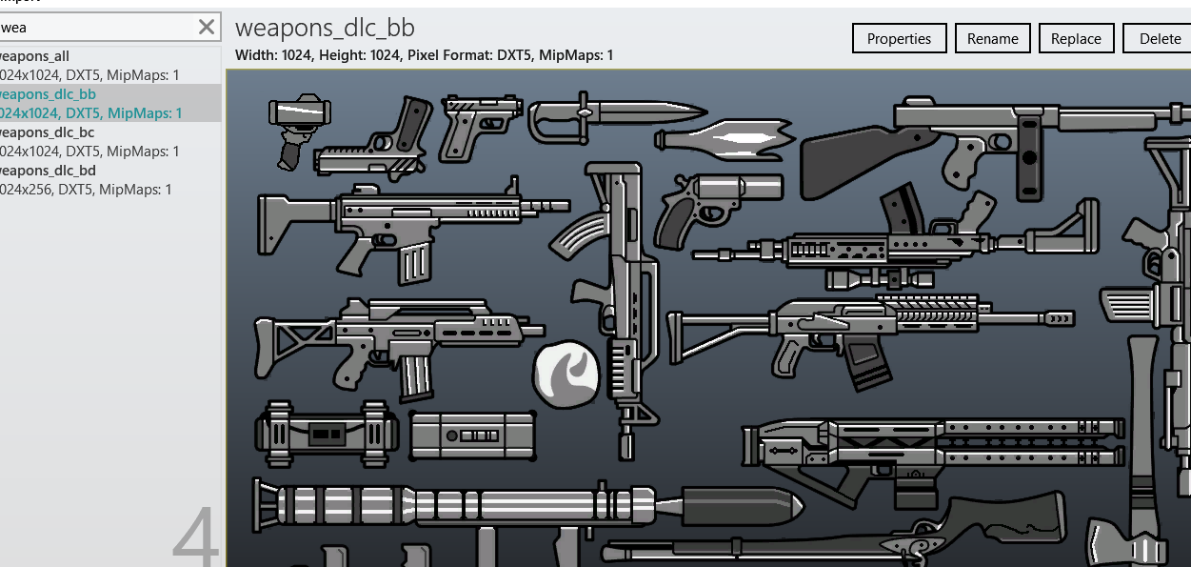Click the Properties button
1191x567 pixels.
click(899, 39)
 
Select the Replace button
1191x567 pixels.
click(1076, 39)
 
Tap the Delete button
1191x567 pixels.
click(1159, 39)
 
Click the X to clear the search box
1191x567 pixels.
click(207, 27)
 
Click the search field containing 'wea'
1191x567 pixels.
click(95, 27)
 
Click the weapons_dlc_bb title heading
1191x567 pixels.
click(325, 28)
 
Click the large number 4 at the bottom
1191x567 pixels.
click(197, 538)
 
